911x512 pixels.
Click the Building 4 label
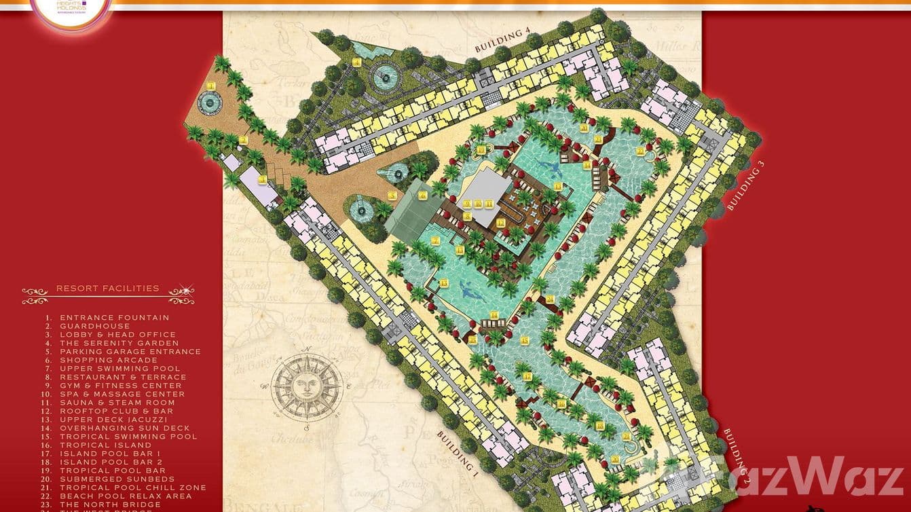click(x=502, y=41)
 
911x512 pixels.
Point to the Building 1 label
click(x=458, y=455)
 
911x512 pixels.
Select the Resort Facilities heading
click(x=108, y=289)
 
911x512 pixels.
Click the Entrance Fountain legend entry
click(x=114, y=318)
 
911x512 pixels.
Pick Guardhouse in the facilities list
click(x=94, y=327)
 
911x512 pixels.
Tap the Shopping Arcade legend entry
click(x=109, y=361)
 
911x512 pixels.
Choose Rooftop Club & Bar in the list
click(x=116, y=412)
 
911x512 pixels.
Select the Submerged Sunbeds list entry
click(x=117, y=479)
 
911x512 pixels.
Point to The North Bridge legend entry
click(x=110, y=505)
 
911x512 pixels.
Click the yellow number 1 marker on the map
click(x=211, y=86)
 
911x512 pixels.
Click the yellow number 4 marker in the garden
click(x=356, y=62)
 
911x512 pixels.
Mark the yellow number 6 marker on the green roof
click(x=422, y=195)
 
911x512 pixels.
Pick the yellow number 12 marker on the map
click(x=500, y=222)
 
